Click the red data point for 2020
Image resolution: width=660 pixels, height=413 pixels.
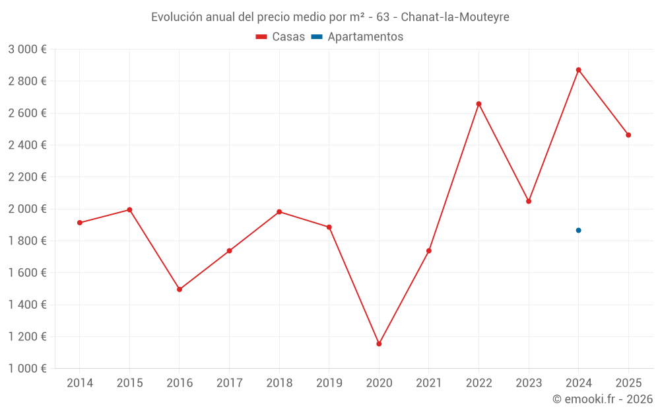(x=379, y=344)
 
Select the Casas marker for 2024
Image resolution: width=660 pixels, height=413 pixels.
(x=578, y=70)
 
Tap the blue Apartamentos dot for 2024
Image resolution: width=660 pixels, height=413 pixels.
(x=578, y=230)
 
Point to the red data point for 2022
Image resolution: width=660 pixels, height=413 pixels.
(x=478, y=104)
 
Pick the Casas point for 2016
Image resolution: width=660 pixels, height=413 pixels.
(x=180, y=289)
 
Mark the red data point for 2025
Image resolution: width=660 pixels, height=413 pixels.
(x=628, y=135)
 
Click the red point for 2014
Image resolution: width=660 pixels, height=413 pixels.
(x=80, y=223)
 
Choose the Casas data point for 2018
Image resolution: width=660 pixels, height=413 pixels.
(x=279, y=211)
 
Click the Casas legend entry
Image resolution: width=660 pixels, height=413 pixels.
(x=280, y=37)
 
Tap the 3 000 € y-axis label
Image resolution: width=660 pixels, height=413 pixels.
(x=27, y=50)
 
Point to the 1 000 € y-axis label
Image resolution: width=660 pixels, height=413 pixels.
(x=27, y=369)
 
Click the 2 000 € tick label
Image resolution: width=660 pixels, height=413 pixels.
(x=27, y=209)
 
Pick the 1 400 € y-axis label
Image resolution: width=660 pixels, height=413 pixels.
(x=27, y=305)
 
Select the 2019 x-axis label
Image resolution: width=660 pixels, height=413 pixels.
(x=329, y=383)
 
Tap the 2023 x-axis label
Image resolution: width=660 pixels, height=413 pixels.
(x=529, y=383)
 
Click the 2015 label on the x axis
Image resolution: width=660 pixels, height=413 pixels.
(x=129, y=383)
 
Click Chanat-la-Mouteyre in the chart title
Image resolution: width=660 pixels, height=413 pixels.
(x=455, y=17)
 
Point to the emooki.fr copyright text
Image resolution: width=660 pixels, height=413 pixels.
(x=603, y=399)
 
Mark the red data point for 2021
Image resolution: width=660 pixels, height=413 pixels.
(x=429, y=250)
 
